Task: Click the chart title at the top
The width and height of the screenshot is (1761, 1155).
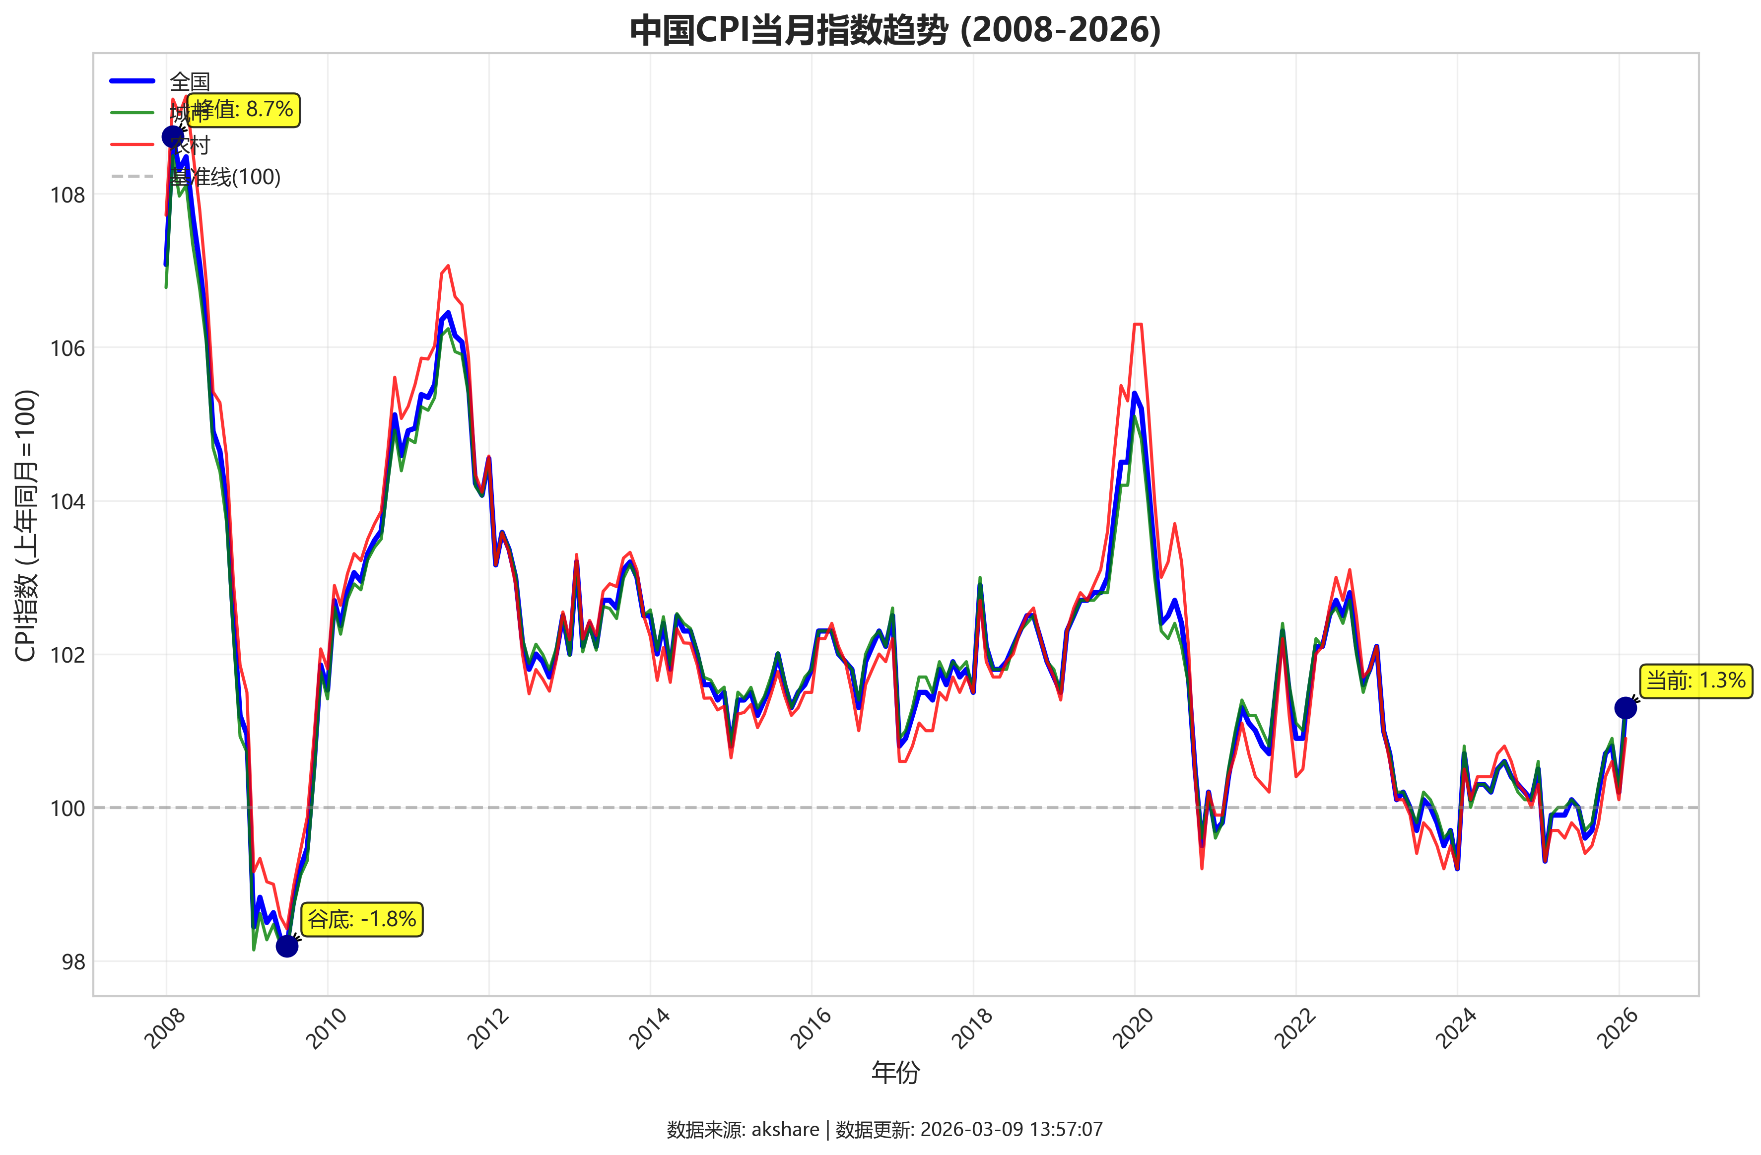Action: click(895, 30)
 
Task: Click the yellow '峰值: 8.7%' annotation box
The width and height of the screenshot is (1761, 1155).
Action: click(243, 110)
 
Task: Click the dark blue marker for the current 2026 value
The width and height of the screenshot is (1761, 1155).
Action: click(1625, 708)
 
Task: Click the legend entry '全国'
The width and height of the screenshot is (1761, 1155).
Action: click(190, 80)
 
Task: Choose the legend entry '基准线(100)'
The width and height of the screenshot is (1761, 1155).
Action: click(225, 177)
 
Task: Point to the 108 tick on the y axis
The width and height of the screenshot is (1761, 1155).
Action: click(68, 196)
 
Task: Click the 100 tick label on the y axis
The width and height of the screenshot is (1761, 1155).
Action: click(68, 809)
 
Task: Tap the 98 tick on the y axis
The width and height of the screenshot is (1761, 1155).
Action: click(73, 962)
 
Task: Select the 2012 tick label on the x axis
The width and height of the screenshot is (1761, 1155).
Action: click(489, 1028)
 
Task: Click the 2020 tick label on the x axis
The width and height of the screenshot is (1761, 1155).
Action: click(1134, 1028)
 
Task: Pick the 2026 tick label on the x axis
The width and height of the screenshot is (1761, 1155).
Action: click(1618, 1028)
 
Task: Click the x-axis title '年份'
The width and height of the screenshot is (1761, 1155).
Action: click(895, 1072)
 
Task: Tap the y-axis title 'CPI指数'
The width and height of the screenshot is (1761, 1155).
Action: click(26, 525)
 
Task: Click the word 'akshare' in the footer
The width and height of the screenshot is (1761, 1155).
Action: click(785, 1129)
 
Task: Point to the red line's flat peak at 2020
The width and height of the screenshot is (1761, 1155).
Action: click(1138, 324)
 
